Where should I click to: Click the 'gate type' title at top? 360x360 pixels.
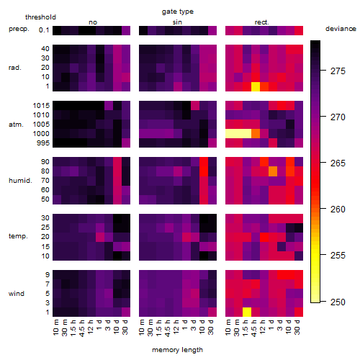pos(178,12)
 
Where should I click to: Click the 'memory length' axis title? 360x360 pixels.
pos(177,350)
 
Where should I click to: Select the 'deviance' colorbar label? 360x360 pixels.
pos(341,29)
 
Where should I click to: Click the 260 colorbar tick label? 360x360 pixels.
pos(338,210)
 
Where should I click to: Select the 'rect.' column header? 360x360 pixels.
pos(262,22)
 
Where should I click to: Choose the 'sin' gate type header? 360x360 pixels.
pos(177,22)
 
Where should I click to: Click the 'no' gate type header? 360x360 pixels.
pos(93,22)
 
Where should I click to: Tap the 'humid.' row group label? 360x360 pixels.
pos(20,181)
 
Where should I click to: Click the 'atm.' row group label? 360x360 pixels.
pos(16,125)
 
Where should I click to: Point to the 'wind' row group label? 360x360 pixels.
pos(17,294)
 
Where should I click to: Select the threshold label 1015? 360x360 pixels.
pos(41,105)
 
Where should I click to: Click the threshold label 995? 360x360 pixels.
pos(43,143)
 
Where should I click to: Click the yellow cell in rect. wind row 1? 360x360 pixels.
pos(247,312)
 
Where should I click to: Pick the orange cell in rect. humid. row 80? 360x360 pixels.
pos(273,171)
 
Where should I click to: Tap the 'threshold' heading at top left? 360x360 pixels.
pos(40,17)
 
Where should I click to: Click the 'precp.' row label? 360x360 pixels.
pos(19,29)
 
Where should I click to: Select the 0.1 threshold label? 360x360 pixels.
pos(44,30)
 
